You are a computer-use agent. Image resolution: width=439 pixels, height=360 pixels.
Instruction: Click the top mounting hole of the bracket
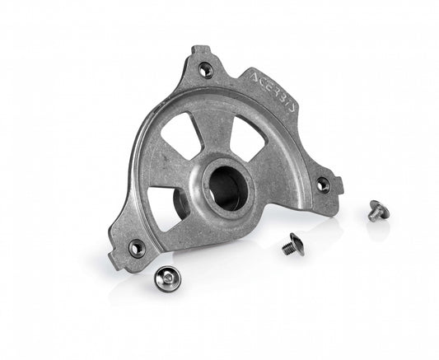click(206, 71)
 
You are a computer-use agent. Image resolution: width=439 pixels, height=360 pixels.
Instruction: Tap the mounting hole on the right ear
click(323, 185)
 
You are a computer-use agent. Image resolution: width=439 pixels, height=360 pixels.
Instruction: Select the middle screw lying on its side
click(292, 244)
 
